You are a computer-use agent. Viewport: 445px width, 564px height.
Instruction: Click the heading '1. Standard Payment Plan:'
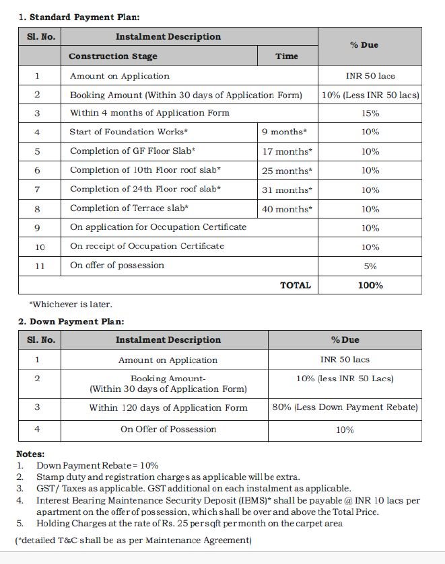79,17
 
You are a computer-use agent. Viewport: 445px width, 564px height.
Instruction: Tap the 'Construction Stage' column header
112,56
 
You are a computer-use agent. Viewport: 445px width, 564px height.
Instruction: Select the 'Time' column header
287,56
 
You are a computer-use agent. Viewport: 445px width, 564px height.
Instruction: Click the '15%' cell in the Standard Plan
370,113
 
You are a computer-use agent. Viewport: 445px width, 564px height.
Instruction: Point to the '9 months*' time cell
284,132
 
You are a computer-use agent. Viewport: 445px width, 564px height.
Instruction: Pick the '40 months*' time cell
287,209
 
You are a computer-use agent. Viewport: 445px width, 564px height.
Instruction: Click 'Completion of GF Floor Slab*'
133,151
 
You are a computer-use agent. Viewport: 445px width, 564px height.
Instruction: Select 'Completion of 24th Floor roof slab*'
145,190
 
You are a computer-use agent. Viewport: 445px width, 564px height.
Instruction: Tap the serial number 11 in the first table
40,266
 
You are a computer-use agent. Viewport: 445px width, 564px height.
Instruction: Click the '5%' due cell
370,266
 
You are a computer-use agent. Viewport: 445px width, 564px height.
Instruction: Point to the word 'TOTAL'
296,285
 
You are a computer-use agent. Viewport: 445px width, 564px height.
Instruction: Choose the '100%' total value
370,285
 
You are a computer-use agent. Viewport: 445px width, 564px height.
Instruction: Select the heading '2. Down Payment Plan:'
71,321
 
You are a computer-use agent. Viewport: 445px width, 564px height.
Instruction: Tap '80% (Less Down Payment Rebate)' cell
345,407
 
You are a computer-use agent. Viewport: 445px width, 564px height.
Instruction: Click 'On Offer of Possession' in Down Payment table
168,429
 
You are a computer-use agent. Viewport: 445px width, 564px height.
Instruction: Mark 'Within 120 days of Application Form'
168,407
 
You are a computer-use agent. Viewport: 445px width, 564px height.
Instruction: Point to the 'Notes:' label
30,454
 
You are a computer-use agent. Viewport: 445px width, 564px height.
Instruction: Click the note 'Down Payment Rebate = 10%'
98,465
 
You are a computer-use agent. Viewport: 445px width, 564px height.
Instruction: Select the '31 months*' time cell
287,190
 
